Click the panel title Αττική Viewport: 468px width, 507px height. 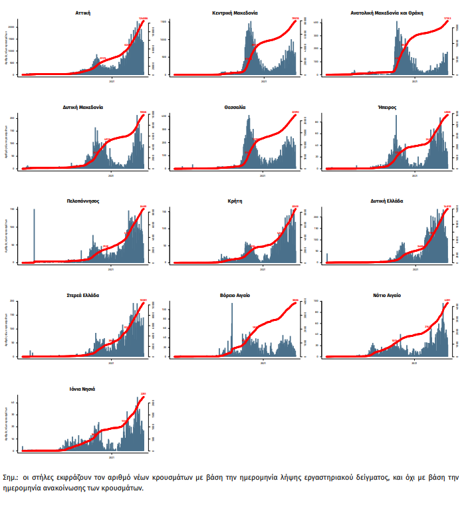tap(84, 13)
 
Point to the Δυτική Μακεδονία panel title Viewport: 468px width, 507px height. tap(84, 106)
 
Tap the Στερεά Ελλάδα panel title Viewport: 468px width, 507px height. tap(84, 294)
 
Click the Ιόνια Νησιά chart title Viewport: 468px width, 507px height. tap(84, 389)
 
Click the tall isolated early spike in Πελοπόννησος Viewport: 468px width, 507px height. tap(34, 236)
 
